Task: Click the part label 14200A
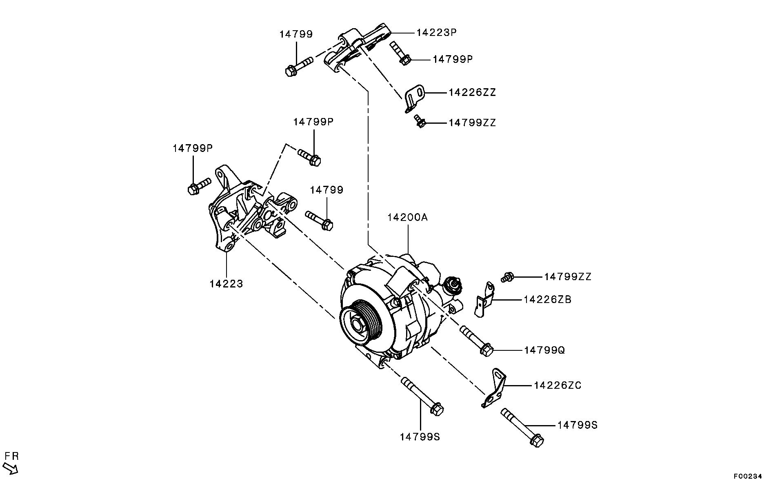407,217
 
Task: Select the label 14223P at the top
436,32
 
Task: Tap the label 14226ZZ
472,92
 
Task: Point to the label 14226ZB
547,299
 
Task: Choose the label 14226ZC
558,385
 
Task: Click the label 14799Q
544,350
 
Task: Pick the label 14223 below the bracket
227,283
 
